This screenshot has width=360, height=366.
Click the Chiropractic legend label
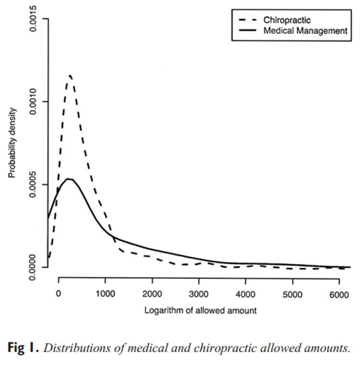(287, 20)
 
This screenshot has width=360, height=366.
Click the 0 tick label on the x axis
(59, 294)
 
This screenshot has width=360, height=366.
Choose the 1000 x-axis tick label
(105, 294)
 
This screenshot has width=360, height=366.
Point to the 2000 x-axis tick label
(152, 294)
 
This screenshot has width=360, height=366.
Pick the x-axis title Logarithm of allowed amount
(200, 310)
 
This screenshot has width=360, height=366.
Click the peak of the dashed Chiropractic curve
(70, 75)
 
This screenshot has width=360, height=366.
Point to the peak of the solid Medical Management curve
(69, 179)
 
